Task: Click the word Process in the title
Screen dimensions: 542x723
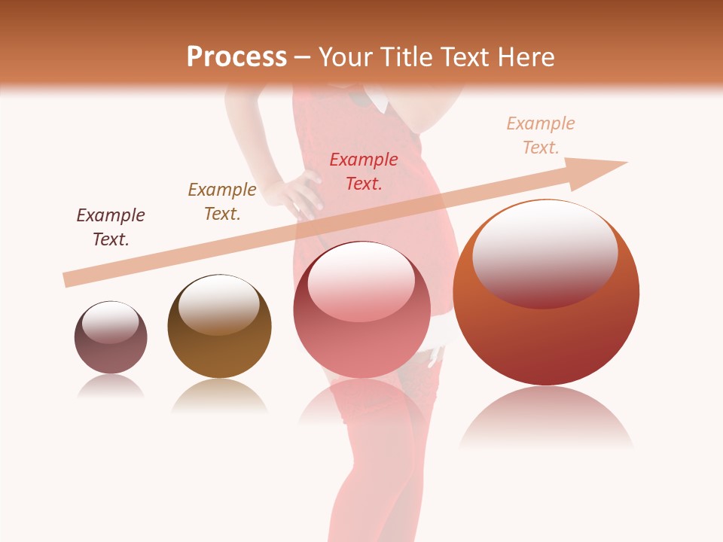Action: point(236,57)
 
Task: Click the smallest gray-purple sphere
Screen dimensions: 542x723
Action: point(111,337)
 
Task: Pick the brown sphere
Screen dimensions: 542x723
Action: point(219,326)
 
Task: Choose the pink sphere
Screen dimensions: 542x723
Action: point(361,309)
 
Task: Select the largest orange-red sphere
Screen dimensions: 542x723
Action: point(546,293)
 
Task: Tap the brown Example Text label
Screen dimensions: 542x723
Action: point(222,202)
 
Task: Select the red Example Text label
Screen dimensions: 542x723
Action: point(364,171)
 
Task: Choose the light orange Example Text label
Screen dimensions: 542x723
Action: point(541,135)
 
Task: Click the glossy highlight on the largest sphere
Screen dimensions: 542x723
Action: point(545,252)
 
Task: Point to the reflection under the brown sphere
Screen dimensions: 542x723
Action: point(219,395)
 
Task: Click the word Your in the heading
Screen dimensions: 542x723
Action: point(344,57)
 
